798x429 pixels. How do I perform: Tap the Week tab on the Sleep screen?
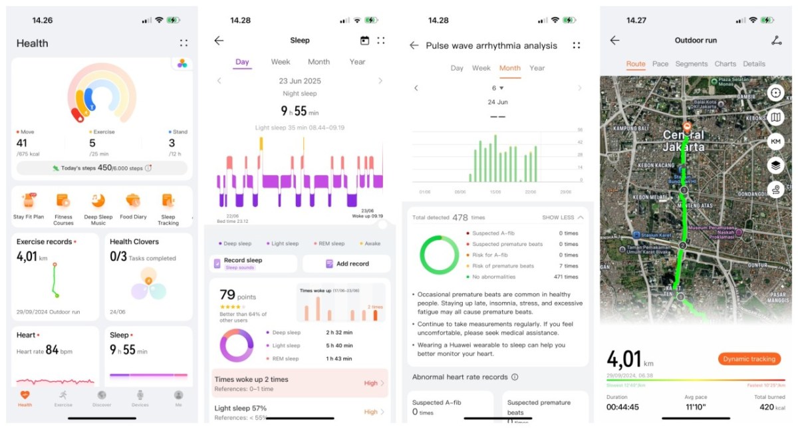coord(280,62)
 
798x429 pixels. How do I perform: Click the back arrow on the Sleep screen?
coord(219,41)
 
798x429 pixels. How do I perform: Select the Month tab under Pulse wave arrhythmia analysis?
coord(509,68)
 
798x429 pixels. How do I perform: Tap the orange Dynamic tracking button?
coord(749,359)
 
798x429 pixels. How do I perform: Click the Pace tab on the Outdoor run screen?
coord(660,64)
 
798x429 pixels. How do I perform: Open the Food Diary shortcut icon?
coord(133,202)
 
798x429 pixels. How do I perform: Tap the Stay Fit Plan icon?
coord(29,202)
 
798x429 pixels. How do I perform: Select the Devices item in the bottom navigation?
coord(140,397)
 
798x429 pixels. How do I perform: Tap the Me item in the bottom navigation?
coord(178,397)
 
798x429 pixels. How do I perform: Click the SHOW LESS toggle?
coord(563,217)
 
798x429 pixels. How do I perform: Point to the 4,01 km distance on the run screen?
coord(625,359)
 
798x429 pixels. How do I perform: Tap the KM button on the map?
coord(775,142)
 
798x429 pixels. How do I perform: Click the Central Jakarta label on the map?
coord(684,141)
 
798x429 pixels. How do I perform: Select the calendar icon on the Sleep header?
coord(364,41)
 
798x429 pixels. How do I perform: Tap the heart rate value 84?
coord(53,350)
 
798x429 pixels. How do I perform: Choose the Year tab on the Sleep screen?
coord(357,62)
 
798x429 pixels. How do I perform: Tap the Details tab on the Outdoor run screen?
coord(754,64)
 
